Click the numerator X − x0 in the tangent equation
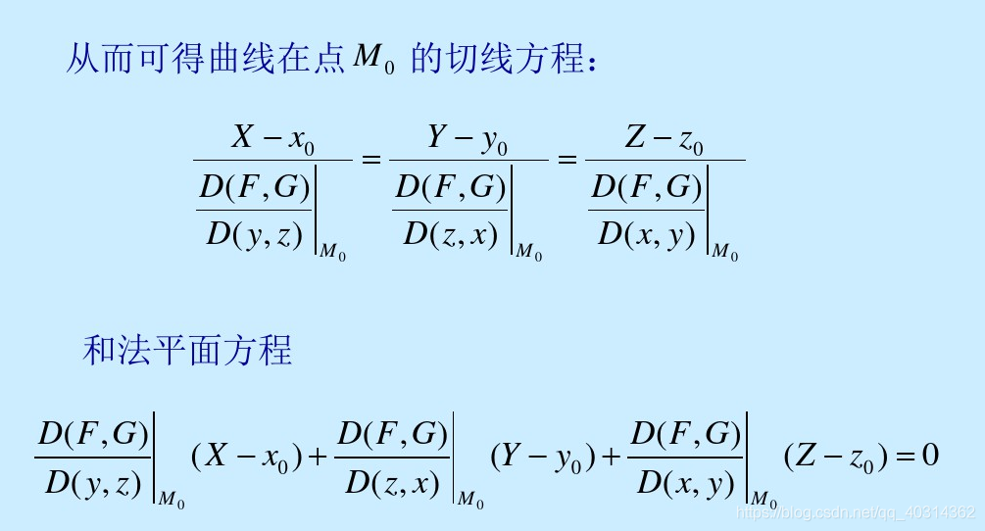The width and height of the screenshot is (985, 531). (272, 139)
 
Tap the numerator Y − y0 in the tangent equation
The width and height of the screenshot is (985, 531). (468, 139)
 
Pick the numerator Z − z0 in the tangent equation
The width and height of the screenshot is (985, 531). (665, 139)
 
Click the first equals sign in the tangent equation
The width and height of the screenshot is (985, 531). (370, 159)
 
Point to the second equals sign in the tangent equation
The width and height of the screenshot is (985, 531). (566, 159)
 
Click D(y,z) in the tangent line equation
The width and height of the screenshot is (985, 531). (255, 235)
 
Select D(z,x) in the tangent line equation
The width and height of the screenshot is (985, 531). (452, 235)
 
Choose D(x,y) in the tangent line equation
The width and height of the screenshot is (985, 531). (647, 235)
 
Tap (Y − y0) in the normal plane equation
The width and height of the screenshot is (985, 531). (541, 457)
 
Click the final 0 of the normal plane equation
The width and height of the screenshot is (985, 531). (930, 456)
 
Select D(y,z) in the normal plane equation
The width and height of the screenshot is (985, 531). (92, 482)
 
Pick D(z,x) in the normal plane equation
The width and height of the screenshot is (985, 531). (392, 482)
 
